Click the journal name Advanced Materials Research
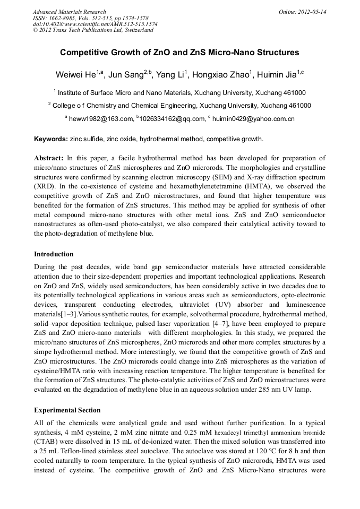point(69,12)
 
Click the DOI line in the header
point(95,24)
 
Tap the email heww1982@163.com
point(101,119)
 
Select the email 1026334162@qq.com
point(167,119)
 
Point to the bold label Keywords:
point(51,139)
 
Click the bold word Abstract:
point(49,159)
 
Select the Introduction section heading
point(54,254)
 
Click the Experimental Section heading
point(67,410)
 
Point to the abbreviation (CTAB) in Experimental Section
point(47,441)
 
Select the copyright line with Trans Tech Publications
point(93,30)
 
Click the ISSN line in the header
point(88,18)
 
